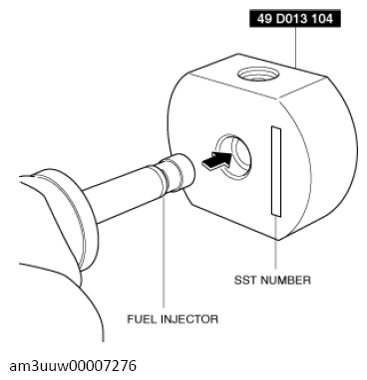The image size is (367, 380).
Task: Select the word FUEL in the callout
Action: tap(143, 320)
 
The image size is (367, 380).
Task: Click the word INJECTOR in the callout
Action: tap(188, 320)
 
